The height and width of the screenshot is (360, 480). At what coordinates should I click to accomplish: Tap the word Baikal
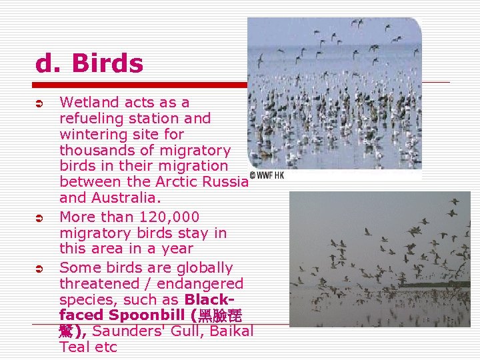coord(233,331)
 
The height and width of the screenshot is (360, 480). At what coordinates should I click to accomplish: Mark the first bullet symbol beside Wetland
coord(39,103)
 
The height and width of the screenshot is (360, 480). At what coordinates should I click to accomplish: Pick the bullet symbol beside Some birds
coord(39,269)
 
